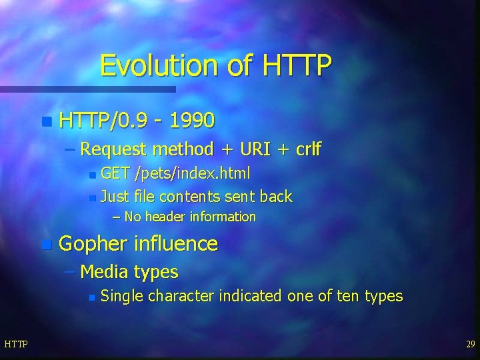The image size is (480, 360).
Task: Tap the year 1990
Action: click(192, 121)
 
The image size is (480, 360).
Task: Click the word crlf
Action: click(303, 149)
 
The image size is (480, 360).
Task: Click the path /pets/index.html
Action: click(192, 174)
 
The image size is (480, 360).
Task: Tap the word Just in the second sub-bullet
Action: click(114, 196)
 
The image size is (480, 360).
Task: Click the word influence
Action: click(176, 244)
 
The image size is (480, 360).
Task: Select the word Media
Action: click(104, 272)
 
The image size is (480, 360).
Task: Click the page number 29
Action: click(470, 344)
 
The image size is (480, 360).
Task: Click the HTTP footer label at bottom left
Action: click(15, 344)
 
